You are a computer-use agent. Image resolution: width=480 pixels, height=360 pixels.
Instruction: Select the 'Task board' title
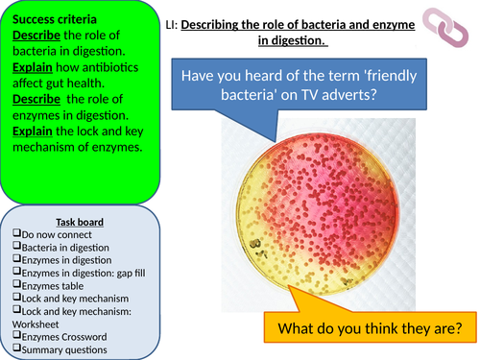pyautogui.click(x=81, y=222)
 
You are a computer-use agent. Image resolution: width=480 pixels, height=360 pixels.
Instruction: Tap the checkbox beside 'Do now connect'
pyautogui.click(x=18, y=235)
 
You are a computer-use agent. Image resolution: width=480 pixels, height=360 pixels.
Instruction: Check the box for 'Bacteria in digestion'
pyautogui.click(x=18, y=248)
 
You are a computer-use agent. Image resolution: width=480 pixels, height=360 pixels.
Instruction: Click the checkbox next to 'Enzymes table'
pyautogui.click(x=18, y=285)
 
